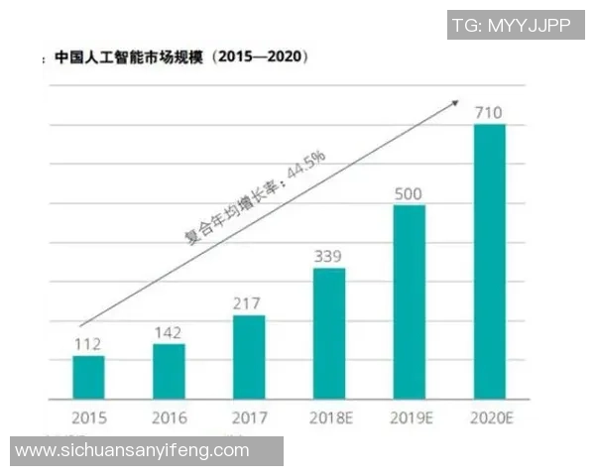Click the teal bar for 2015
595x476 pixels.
(x=88, y=377)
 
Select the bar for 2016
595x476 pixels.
(x=169, y=371)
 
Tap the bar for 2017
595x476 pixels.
(x=249, y=357)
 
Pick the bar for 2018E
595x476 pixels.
(x=329, y=333)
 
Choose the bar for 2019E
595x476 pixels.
(x=410, y=301)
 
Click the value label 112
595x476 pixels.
(x=88, y=344)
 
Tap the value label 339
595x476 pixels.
(x=329, y=257)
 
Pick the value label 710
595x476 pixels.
(x=490, y=112)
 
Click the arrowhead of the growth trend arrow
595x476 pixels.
(x=456, y=100)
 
